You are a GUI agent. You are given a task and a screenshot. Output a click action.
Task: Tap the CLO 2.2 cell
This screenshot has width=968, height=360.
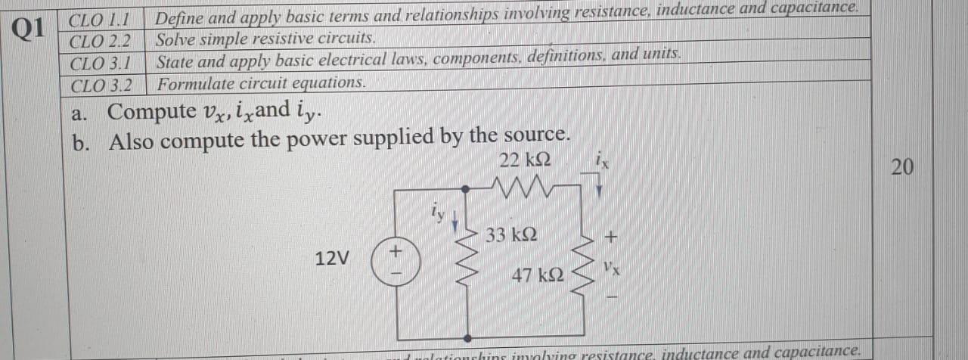(100, 39)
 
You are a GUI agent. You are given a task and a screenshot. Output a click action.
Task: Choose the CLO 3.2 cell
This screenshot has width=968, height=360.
(101, 85)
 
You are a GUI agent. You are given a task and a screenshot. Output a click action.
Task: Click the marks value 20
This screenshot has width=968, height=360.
(901, 168)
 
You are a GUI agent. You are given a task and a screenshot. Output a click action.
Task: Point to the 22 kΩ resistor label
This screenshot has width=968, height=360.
(525, 161)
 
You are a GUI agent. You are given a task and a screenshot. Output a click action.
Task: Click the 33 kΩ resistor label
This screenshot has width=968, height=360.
(512, 234)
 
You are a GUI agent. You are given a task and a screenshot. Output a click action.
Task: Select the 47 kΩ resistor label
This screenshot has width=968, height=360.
(537, 275)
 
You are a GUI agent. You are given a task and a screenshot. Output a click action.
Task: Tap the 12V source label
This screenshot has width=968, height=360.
(332, 259)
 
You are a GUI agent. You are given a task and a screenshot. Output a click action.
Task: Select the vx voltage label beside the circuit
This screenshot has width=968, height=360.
(613, 268)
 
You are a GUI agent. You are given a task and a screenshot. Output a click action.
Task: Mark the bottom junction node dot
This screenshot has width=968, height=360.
(467, 338)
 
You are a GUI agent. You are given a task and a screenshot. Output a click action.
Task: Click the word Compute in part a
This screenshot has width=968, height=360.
(151, 111)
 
